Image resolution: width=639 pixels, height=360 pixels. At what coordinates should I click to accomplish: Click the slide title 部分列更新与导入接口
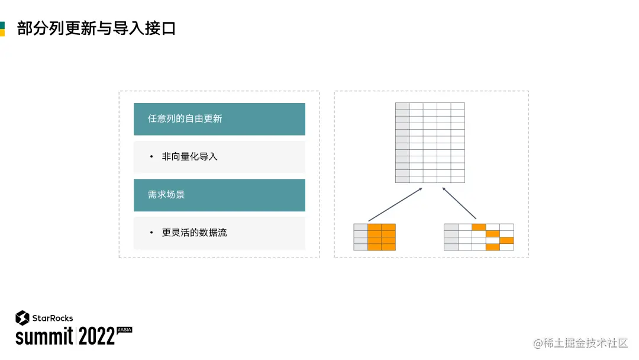(96, 28)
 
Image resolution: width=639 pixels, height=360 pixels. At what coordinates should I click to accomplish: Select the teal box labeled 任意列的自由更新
(219, 119)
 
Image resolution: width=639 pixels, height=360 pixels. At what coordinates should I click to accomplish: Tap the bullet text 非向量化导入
(189, 157)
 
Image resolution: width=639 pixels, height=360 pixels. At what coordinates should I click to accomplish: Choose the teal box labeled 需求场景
(219, 195)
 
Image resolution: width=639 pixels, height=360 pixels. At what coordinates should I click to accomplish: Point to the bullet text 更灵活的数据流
(194, 233)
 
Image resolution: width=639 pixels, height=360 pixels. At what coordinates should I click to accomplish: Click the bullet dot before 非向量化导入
(151, 157)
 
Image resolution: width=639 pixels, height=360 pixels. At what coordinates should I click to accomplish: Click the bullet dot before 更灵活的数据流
(151, 233)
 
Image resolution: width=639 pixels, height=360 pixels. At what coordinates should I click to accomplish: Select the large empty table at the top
(430, 143)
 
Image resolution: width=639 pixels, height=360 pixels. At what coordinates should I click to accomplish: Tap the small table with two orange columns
(375, 237)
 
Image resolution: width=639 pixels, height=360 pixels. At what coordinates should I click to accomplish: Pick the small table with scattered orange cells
(479, 237)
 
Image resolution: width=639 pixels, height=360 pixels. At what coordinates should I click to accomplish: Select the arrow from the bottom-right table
(459, 203)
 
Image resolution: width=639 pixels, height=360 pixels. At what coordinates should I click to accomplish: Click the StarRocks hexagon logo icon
(22, 318)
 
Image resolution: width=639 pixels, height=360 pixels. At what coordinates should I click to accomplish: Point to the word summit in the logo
(44, 336)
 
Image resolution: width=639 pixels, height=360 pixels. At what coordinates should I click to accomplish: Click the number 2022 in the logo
(96, 336)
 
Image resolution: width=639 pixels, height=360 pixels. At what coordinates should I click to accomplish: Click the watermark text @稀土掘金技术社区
(580, 343)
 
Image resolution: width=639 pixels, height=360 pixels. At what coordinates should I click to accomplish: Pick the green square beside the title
(2, 25)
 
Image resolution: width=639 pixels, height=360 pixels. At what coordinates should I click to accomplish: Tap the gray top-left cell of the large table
(402, 106)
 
